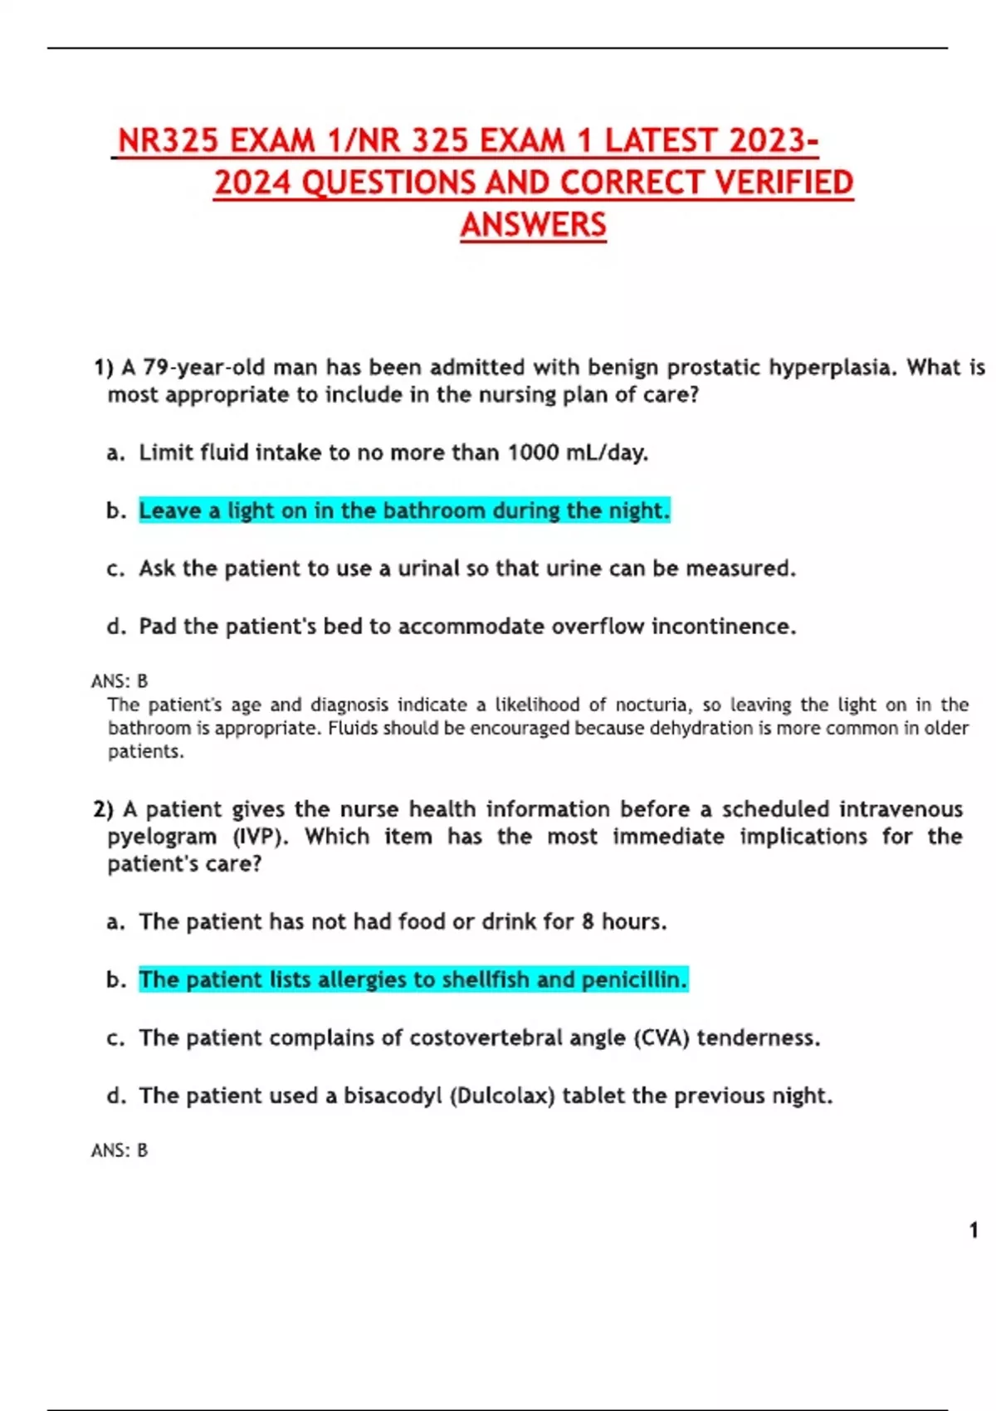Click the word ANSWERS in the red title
tap(533, 225)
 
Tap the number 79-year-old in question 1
tap(204, 367)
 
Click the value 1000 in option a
tap(533, 452)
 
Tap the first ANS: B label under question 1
tap(120, 681)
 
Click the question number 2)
tap(103, 809)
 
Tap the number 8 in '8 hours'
tap(588, 922)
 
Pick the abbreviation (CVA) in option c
tap(661, 1038)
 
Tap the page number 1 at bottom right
tap(974, 1230)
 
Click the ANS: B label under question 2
tap(120, 1150)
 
